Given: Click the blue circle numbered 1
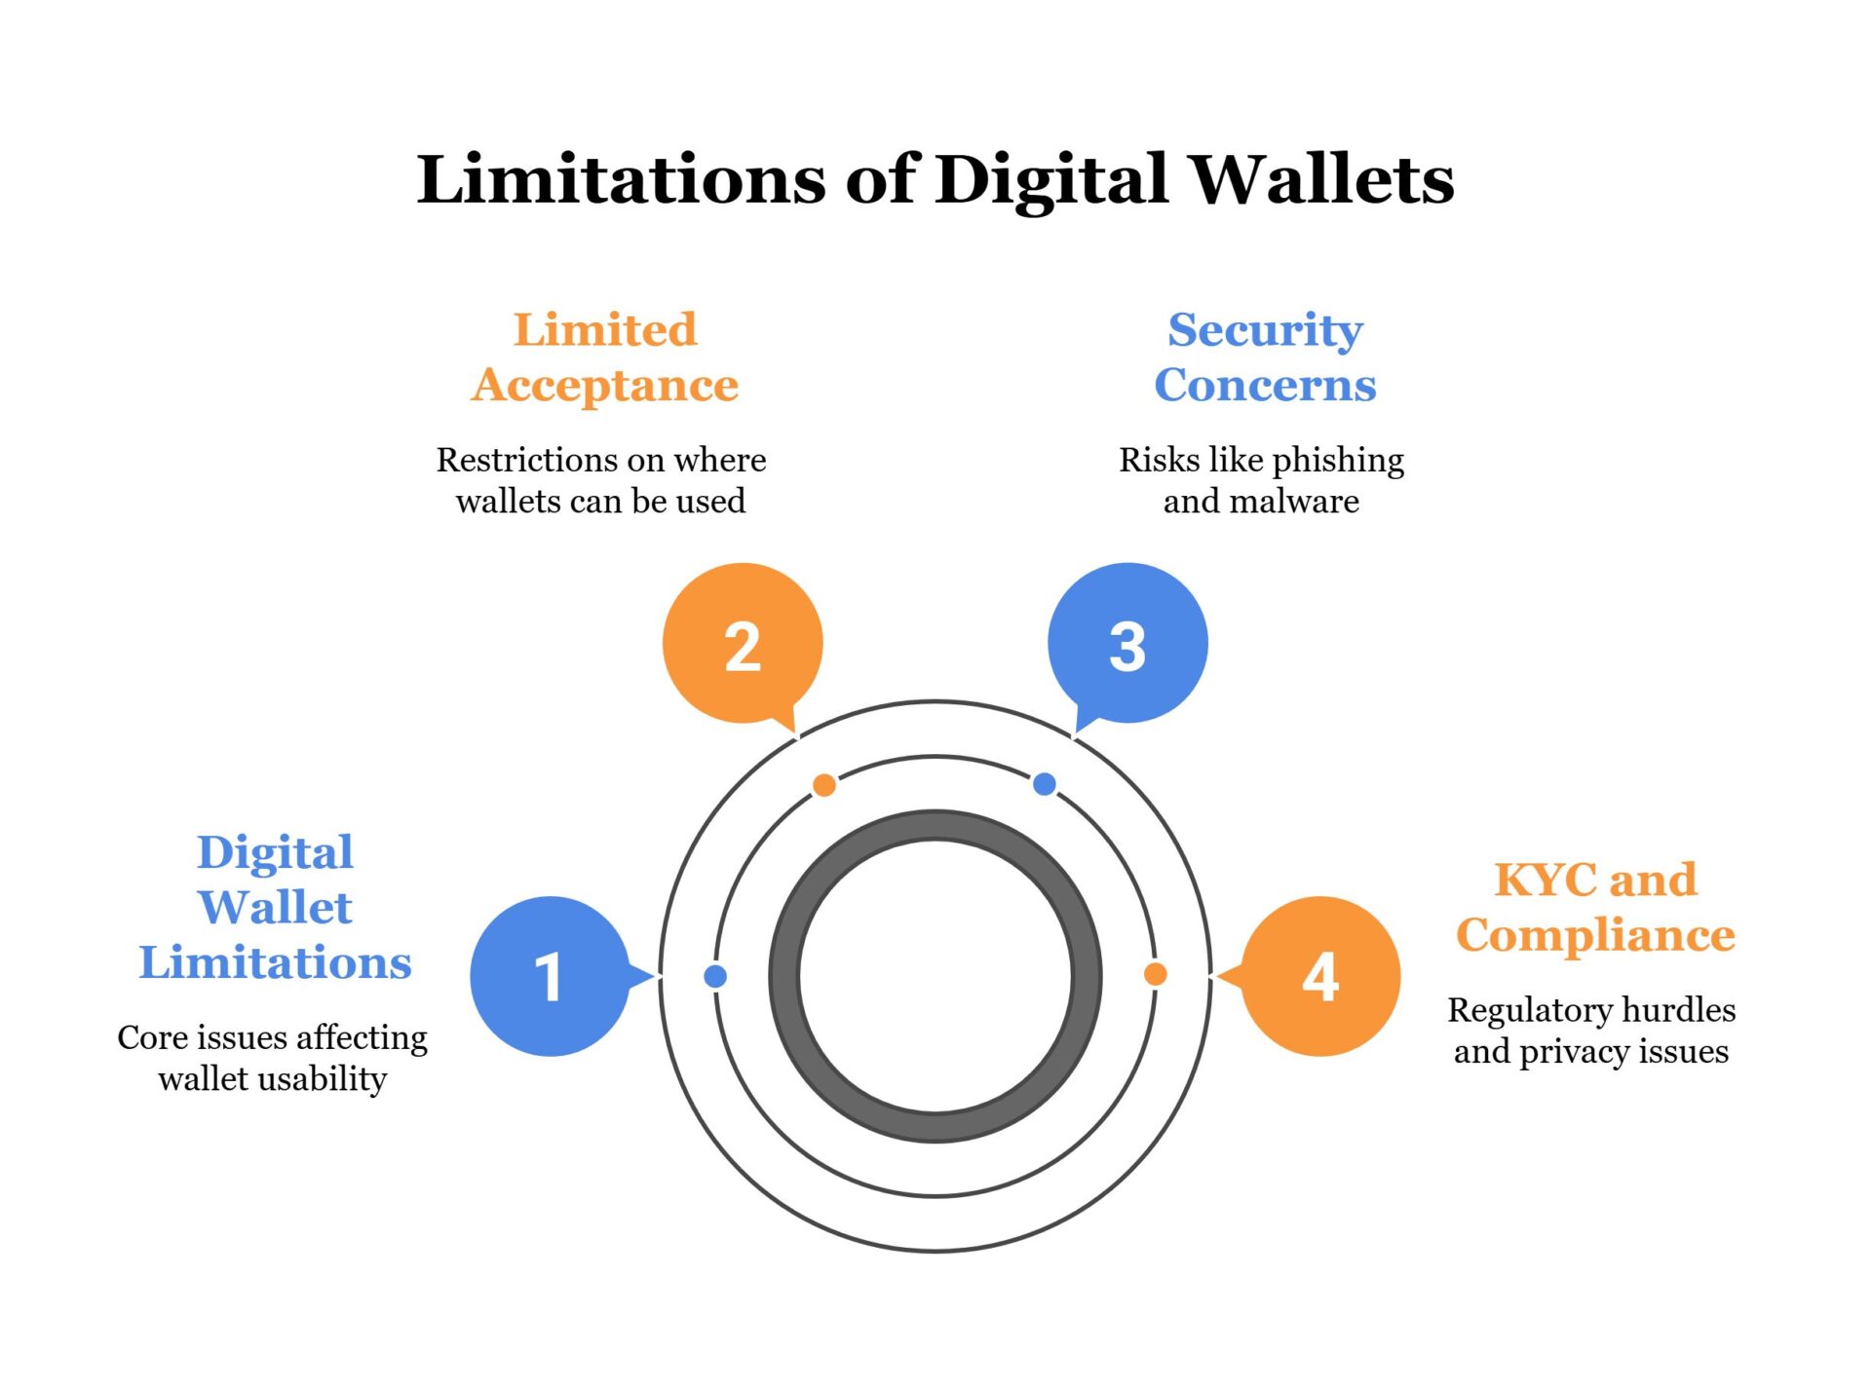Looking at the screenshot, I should click(x=550, y=976).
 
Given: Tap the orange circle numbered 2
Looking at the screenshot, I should click(x=743, y=643).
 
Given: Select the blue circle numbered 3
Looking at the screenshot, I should click(x=1127, y=643).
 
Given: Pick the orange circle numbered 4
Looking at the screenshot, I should click(x=1320, y=976).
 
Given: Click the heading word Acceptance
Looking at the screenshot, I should click(x=605, y=386).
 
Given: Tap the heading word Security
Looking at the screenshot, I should click(x=1265, y=330).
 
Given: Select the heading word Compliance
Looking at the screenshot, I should click(x=1595, y=935).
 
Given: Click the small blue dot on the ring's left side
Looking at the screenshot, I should click(x=715, y=976).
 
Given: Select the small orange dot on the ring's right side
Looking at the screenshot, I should click(x=1155, y=974).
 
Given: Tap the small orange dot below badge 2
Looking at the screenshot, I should click(x=824, y=785).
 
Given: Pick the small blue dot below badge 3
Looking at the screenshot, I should click(x=1045, y=784).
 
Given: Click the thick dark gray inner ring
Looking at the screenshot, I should click(x=784, y=976).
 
